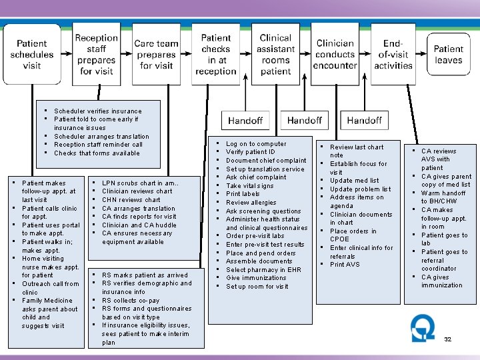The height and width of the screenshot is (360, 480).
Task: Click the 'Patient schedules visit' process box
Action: point(32,53)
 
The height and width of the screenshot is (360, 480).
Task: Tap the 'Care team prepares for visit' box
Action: point(156,53)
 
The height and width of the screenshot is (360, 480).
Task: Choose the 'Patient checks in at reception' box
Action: point(215,53)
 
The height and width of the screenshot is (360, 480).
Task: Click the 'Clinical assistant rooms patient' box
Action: point(275,53)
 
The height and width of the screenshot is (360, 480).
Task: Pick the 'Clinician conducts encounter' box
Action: point(335,53)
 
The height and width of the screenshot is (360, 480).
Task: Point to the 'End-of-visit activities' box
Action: point(393,53)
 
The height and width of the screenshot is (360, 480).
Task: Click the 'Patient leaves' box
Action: point(448,53)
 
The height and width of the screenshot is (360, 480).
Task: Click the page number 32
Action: point(447,339)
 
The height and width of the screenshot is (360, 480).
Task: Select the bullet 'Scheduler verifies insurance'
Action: point(97,111)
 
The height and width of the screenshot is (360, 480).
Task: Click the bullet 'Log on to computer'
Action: point(256,144)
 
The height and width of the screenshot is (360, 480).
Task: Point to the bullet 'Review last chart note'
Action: point(357,151)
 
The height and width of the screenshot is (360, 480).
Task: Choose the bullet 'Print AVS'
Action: point(345,265)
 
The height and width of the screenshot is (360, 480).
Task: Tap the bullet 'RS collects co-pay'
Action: point(131,300)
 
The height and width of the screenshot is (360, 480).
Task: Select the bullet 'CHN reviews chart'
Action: point(131,199)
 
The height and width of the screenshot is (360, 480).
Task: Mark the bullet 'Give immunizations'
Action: point(256,278)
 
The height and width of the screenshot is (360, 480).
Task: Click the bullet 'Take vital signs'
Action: point(250,186)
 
